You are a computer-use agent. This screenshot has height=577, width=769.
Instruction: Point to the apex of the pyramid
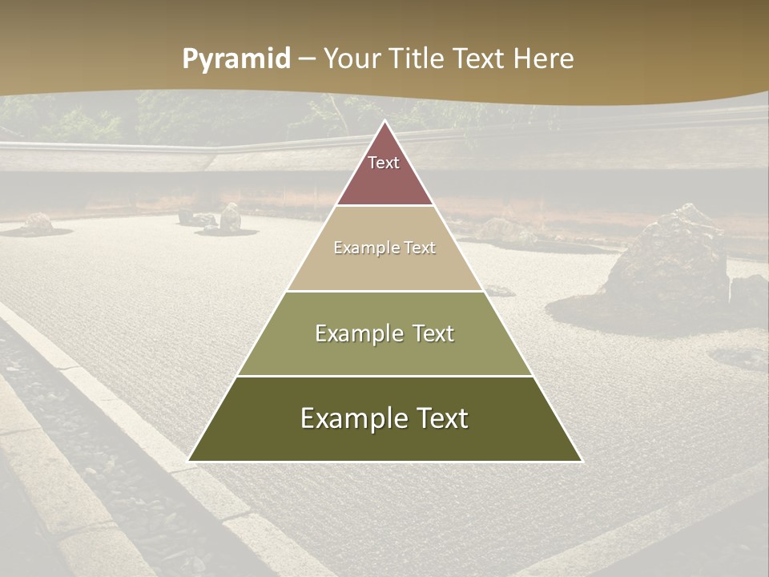coord(384,121)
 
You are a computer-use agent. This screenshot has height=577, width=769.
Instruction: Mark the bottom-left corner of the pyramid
coord(188,461)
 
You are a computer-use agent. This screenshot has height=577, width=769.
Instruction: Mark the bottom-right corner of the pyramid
coord(582,461)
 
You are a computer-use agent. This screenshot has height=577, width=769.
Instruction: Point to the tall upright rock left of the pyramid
coord(231,217)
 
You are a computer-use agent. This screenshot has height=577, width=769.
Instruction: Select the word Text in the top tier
coord(384,163)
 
